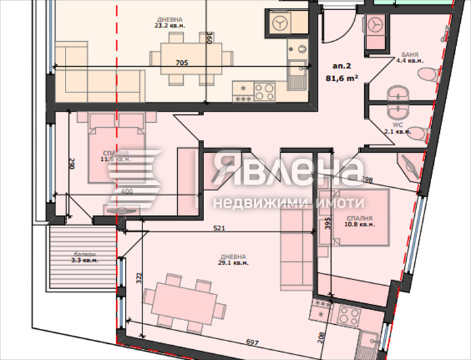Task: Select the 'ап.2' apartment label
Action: [341, 66]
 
